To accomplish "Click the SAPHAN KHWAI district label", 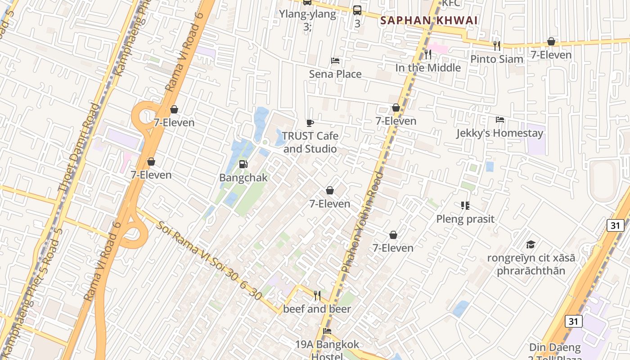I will [x=429, y=20].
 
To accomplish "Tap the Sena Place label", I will [x=335, y=74].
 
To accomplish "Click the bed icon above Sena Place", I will [x=335, y=61].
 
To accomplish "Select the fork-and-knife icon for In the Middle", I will [x=428, y=54].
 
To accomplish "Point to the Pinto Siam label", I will [x=497, y=59].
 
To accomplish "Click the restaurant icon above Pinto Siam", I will [x=497, y=45].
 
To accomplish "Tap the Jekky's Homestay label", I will [x=499, y=133].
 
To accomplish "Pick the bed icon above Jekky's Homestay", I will [x=499, y=120].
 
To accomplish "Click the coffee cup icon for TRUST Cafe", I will [x=310, y=122].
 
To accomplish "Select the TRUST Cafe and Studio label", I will [x=310, y=142].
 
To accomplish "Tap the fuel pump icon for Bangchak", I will [x=243, y=164].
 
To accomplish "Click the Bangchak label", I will [x=243, y=178].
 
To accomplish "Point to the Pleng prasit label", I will [x=465, y=219].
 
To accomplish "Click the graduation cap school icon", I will [x=531, y=244].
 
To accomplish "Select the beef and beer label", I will [x=317, y=309].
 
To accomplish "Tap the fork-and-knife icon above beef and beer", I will [x=317, y=296].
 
